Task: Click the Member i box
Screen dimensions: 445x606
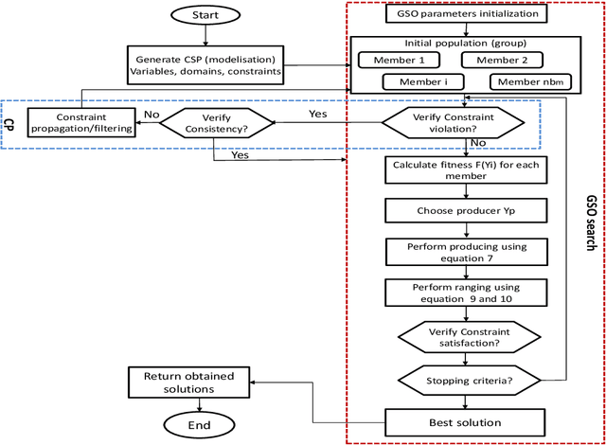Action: [x=419, y=81]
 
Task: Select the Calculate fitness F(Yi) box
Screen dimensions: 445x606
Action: [x=465, y=170]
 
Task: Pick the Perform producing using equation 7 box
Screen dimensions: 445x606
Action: [x=465, y=251]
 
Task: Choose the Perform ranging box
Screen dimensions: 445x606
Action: [x=465, y=293]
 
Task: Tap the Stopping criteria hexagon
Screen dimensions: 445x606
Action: [x=465, y=380]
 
